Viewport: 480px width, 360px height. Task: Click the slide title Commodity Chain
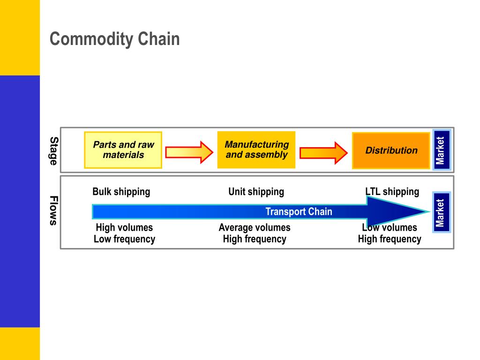[115, 39]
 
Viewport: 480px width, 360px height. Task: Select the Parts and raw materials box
[123, 150]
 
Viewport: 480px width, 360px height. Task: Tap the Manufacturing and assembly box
[256, 150]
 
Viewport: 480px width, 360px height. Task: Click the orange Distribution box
[391, 150]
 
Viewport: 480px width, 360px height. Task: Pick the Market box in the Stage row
[441, 150]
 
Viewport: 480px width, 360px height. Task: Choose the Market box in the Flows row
[441, 212]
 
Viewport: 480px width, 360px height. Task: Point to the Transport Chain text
[299, 211]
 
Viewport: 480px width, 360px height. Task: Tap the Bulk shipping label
[121, 192]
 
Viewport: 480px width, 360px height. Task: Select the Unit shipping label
[256, 192]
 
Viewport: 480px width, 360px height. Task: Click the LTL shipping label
[392, 192]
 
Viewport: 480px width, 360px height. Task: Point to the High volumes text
[124, 227]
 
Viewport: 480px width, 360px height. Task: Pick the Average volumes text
[255, 227]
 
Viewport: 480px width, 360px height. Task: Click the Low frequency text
[124, 239]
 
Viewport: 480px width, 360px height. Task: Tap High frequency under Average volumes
[255, 239]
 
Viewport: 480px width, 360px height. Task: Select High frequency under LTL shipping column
[390, 239]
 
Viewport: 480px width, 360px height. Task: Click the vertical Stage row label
[54, 151]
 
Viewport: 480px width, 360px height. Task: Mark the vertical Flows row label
[54, 210]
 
